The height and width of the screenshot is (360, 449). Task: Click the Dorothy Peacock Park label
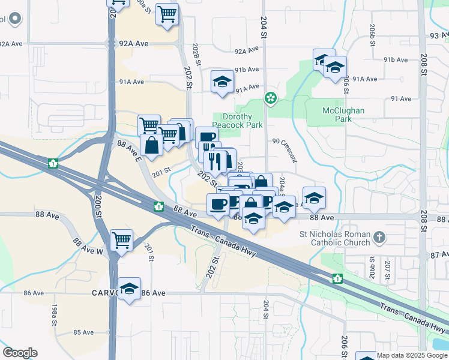(x=243, y=121)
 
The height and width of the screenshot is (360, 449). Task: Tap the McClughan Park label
(x=344, y=115)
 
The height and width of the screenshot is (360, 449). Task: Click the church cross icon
(x=379, y=238)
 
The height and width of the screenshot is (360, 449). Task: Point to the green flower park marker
(x=271, y=98)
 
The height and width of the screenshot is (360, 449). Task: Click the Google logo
(x=20, y=353)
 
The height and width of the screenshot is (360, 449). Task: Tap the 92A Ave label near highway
(x=133, y=44)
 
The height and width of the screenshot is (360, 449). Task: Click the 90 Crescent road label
(x=285, y=149)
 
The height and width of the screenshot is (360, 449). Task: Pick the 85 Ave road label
(x=83, y=332)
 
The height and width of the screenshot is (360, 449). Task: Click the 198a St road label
(x=55, y=313)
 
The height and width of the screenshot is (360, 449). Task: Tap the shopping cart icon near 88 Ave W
(x=121, y=241)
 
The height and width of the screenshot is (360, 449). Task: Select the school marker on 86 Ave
(x=129, y=289)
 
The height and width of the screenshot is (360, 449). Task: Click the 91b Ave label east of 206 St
(x=395, y=59)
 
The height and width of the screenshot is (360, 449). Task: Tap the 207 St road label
(x=388, y=269)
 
